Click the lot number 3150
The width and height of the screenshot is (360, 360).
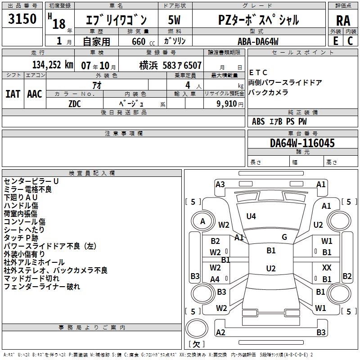pyautogui.click(x=22, y=19)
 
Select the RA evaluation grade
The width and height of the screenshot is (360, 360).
pyautogui.click(x=343, y=21)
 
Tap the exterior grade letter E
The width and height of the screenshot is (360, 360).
pyautogui.click(x=335, y=40)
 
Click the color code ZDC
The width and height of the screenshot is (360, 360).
pyautogui.click(x=75, y=103)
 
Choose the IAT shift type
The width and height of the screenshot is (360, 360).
pyautogui.click(x=13, y=94)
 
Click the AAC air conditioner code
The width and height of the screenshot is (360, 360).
pyautogui.click(x=35, y=94)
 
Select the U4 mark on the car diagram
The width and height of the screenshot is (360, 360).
pyautogui.click(x=251, y=216)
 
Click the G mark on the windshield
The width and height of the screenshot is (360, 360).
pyautogui.click(x=284, y=237)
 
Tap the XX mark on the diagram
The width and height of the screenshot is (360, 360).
pyautogui.click(x=327, y=267)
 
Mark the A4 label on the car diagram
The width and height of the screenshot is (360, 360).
pyautogui.click(x=215, y=279)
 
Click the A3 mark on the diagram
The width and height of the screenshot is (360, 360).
pyautogui.click(x=220, y=184)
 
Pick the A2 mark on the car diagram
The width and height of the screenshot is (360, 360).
pyautogui.click(x=220, y=333)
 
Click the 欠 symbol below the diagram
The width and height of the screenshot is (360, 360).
pyautogui.click(x=196, y=344)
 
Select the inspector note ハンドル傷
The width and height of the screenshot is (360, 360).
pyautogui.click(x=21, y=205)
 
